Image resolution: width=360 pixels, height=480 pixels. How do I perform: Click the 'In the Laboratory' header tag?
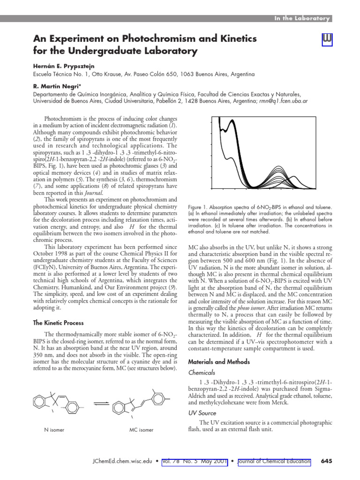302,18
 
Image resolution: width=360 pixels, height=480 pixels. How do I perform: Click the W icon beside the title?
327,41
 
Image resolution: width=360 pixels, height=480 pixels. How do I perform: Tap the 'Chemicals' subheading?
202,372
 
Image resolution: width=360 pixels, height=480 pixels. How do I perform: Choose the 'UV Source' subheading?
202,413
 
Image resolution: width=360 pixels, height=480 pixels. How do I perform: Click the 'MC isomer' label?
141,429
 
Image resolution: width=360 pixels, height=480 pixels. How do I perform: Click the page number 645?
326,461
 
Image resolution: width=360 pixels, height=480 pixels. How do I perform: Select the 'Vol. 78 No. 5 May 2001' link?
194,461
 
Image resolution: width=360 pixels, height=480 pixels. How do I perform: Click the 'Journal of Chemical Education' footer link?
274,461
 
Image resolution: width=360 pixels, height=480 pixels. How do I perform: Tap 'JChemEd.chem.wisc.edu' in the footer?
121,461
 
